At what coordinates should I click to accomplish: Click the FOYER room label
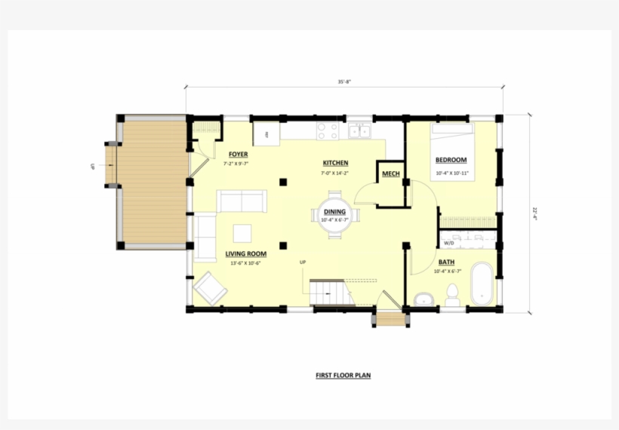click(x=238, y=154)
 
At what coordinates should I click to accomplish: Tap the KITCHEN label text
click(x=335, y=163)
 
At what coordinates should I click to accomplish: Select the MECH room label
click(x=390, y=174)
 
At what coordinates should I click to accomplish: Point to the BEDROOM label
click(x=451, y=160)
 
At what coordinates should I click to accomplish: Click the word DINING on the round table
click(x=334, y=212)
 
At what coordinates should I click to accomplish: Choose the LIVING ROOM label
click(x=246, y=253)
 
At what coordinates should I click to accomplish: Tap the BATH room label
click(x=446, y=262)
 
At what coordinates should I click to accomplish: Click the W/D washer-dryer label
click(x=448, y=243)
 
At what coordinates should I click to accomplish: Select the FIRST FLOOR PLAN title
click(x=343, y=375)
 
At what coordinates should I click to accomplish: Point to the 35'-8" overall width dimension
click(x=344, y=81)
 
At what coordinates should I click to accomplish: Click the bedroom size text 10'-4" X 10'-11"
click(x=451, y=174)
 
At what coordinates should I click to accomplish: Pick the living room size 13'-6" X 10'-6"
click(x=246, y=263)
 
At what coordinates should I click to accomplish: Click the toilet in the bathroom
click(x=452, y=293)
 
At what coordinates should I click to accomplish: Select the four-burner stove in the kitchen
click(x=328, y=131)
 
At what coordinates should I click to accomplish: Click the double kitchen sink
click(x=359, y=131)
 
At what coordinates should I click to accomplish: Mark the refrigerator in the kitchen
click(x=266, y=133)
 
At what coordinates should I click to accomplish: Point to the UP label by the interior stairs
click(x=303, y=262)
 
